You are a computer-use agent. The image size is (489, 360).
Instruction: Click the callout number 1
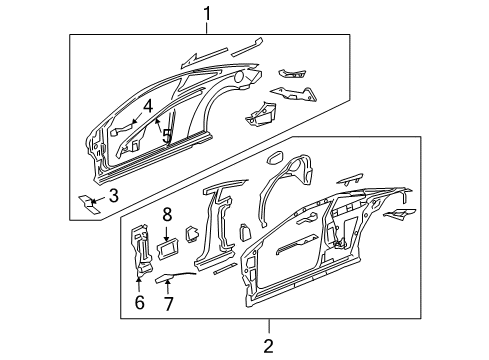207,14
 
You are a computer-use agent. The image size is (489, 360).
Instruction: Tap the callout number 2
268,346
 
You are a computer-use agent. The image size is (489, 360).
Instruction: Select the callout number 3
114,195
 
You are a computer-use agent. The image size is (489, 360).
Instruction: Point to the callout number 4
148,106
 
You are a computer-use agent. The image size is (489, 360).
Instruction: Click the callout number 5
167,136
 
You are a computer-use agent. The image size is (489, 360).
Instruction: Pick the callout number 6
139,302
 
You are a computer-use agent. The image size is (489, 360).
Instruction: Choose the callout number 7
168,303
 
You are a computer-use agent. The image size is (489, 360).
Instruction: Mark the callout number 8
167,214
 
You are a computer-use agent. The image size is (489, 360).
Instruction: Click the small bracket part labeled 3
89,205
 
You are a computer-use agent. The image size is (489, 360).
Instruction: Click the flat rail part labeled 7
173,278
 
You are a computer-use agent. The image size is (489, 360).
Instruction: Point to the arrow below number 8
167,233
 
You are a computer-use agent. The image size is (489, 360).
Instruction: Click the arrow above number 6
139,284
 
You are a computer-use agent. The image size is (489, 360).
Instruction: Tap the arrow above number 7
168,287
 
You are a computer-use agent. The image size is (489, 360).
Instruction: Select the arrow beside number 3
98,199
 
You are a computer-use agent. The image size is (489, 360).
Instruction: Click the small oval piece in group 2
275,158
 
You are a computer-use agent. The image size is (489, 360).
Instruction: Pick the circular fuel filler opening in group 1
239,77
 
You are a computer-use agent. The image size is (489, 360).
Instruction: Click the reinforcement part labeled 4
121,130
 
